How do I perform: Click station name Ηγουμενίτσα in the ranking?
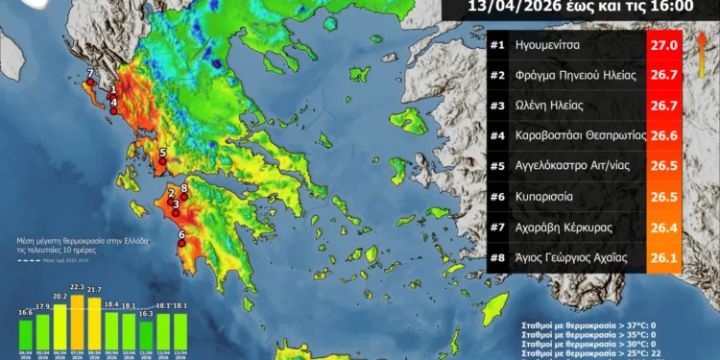pyautogui.click(x=553, y=45)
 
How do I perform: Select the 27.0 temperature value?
pyautogui.click(x=664, y=45)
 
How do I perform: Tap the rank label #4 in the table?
pyautogui.click(x=498, y=135)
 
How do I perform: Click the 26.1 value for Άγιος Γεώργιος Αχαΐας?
pyautogui.click(x=664, y=256)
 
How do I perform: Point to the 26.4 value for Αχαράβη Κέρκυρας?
pyautogui.click(x=664, y=227)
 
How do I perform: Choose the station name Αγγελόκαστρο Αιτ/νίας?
pyautogui.click(x=582, y=166)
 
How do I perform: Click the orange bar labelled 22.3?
pyautogui.click(x=78, y=322)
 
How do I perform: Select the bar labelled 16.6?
pyautogui.click(x=26, y=332)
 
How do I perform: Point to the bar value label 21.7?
pyautogui.click(x=94, y=289)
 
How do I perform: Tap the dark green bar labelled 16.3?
pyautogui.click(x=146, y=333)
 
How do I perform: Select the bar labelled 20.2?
pyautogui.click(x=60, y=325)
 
